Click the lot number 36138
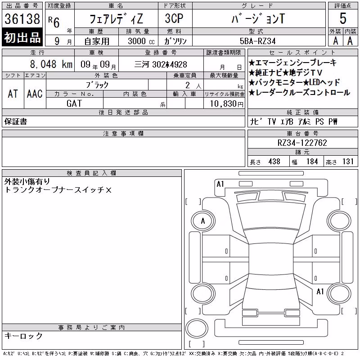(22, 19)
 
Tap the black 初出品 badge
(22, 37)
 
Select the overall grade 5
(343, 18)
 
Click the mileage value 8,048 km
(51, 64)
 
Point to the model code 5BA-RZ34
(257, 41)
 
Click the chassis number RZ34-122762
(302, 143)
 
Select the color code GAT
(74, 103)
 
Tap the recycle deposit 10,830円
(227, 103)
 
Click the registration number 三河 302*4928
(161, 64)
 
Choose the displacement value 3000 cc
(141, 41)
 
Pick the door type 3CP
(174, 18)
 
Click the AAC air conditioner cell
(35, 94)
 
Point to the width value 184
(312, 162)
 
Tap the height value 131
(348, 162)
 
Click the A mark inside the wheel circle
(203, 221)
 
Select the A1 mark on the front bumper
(220, 184)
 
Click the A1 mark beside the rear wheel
(320, 292)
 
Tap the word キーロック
(23, 336)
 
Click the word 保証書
(16, 121)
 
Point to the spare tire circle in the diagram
(197, 328)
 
